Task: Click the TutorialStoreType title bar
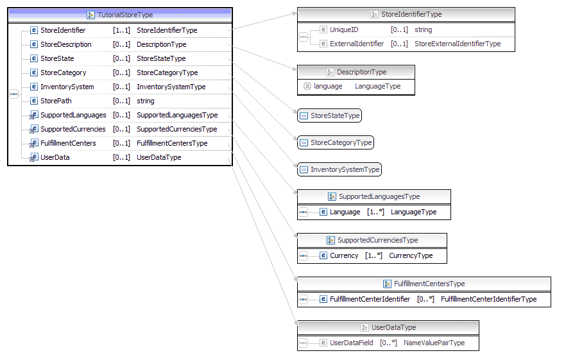(x=120, y=15)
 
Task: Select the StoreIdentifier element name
(x=63, y=30)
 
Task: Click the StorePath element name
(x=56, y=101)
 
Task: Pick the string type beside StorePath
(x=146, y=101)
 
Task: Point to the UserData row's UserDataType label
(x=159, y=157)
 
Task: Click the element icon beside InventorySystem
(x=34, y=87)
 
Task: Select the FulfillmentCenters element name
(x=68, y=143)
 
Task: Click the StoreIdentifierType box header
(x=406, y=14)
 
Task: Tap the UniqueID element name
(x=345, y=30)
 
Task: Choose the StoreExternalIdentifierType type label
(x=457, y=44)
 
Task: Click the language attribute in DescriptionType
(x=328, y=86)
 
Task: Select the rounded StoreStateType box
(x=329, y=116)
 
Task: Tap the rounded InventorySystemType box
(x=339, y=169)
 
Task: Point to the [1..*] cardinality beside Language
(x=375, y=212)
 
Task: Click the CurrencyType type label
(x=411, y=255)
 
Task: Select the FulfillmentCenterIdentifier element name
(x=370, y=299)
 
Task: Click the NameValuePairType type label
(x=434, y=343)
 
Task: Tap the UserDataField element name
(x=351, y=343)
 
